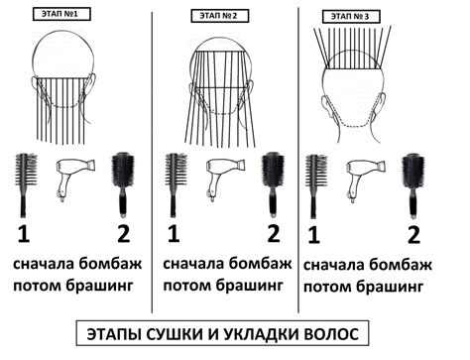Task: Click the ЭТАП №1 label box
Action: [x=61, y=14]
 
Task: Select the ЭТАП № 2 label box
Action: [x=220, y=16]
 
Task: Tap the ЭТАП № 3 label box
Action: [x=351, y=16]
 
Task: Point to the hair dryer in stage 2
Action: [x=226, y=180]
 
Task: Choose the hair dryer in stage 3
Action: [x=366, y=180]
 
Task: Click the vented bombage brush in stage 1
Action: [x=26, y=185]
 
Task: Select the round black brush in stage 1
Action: [x=123, y=184]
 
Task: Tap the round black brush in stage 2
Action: [x=273, y=184]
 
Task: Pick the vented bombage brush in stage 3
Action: [x=316, y=185]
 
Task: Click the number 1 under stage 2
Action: [x=174, y=234]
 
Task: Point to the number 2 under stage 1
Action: [x=123, y=234]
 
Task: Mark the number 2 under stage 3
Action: [x=413, y=235]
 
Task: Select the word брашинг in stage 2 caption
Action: [x=250, y=286]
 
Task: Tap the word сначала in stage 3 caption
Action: [x=333, y=266]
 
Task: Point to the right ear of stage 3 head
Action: [x=380, y=107]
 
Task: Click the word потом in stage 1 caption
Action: [x=37, y=286]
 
